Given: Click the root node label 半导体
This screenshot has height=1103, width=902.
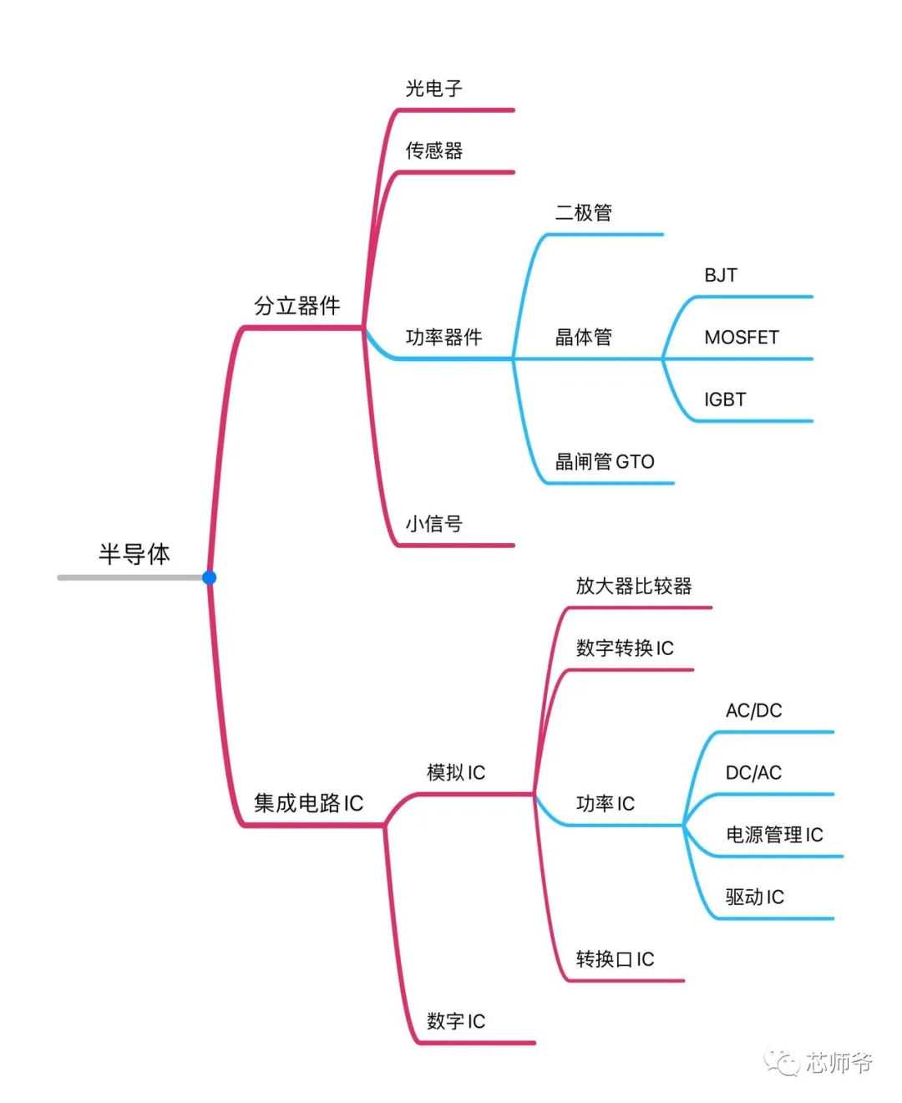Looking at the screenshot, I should pyautogui.click(x=134, y=554).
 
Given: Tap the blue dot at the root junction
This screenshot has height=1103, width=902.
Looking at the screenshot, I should pyautogui.click(x=209, y=577).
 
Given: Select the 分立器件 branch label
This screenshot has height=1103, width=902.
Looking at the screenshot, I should pyautogui.click(x=297, y=306).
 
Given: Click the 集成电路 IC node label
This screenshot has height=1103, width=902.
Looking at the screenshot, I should pyautogui.click(x=308, y=803).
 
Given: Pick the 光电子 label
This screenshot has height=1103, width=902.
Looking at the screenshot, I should pyautogui.click(x=433, y=89).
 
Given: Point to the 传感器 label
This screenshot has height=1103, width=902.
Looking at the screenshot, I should pyautogui.click(x=433, y=150).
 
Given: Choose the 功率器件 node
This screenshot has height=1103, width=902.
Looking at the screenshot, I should pyautogui.click(x=443, y=337).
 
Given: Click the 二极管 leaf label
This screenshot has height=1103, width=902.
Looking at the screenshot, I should pyautogui.click(x=583, y=213).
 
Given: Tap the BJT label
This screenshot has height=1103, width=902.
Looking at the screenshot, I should pyautogui.click(x=721, y=275).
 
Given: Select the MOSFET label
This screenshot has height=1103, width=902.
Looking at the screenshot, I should pyautogui.click(x=742, y=338).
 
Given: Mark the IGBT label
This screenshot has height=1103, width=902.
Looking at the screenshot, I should pyautogui.click(x=724, y=399).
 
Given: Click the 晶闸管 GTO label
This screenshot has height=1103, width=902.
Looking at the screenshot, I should pyautogui.click(x=605, y=461).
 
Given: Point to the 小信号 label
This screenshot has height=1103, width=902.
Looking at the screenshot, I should pyautogui.click(x=433, y=524).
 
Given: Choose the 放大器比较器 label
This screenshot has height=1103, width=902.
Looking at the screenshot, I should pyautogui.click(x=634, y=586).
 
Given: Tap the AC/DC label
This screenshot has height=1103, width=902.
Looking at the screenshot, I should pyautogui.click(x=753, y=710).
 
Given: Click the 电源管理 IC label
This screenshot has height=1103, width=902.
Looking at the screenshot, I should pyautogui.click(x=774, y=835).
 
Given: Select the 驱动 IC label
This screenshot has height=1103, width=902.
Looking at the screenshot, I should pyautogui.click(x=754, y=897).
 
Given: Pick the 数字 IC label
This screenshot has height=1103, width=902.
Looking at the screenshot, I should pyautogui.click(x=455, y=1021).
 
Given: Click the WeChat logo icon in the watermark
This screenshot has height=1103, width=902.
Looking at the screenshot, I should pyautogui.click(x=783, y=1061).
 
